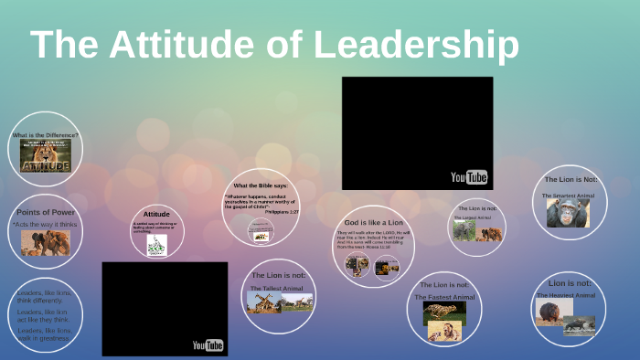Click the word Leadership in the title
pos(416,46)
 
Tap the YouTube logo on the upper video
pos(469,177)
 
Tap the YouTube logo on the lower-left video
pos(208,344)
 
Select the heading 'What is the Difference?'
pos(45,135)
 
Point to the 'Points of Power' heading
pos(45,212)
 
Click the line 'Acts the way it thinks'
pos(45,223)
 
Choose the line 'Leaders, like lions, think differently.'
pos(43,297)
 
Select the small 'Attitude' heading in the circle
pos(156,213)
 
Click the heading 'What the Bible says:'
pos(261,186)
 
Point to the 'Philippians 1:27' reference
pos(282,210)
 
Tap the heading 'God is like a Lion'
pos(372,223)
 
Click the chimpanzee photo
pos(568,213)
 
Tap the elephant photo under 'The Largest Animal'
pos(465,232)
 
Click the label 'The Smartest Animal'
pos(568,196)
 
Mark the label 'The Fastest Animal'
pos(444,297)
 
